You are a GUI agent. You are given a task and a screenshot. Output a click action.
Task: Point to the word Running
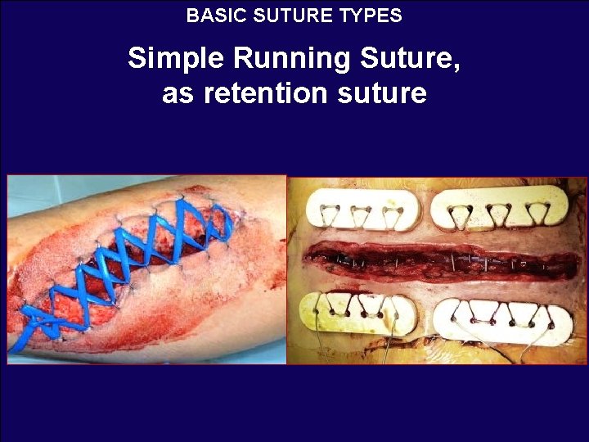click(282, 59)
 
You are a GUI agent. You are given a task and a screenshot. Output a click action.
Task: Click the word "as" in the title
click(178, 93)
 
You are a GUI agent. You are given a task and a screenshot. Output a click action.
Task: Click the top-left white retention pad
click(361, 210)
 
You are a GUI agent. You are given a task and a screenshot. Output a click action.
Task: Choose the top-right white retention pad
click(499, 206)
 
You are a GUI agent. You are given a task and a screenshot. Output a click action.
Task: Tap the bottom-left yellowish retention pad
click(357, 313)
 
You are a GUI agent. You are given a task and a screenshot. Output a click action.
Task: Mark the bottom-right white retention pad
click(501, 319)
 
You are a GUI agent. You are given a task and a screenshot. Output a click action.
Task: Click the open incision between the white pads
click(442, 262)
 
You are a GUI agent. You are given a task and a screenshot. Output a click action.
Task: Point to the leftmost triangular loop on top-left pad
click(331, 214)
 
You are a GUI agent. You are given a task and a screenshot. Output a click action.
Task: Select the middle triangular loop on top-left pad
click(361, 215)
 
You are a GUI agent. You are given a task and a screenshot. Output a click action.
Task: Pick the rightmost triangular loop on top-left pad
click(390, 215)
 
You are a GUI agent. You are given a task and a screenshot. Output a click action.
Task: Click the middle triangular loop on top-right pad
click(500, 214)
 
